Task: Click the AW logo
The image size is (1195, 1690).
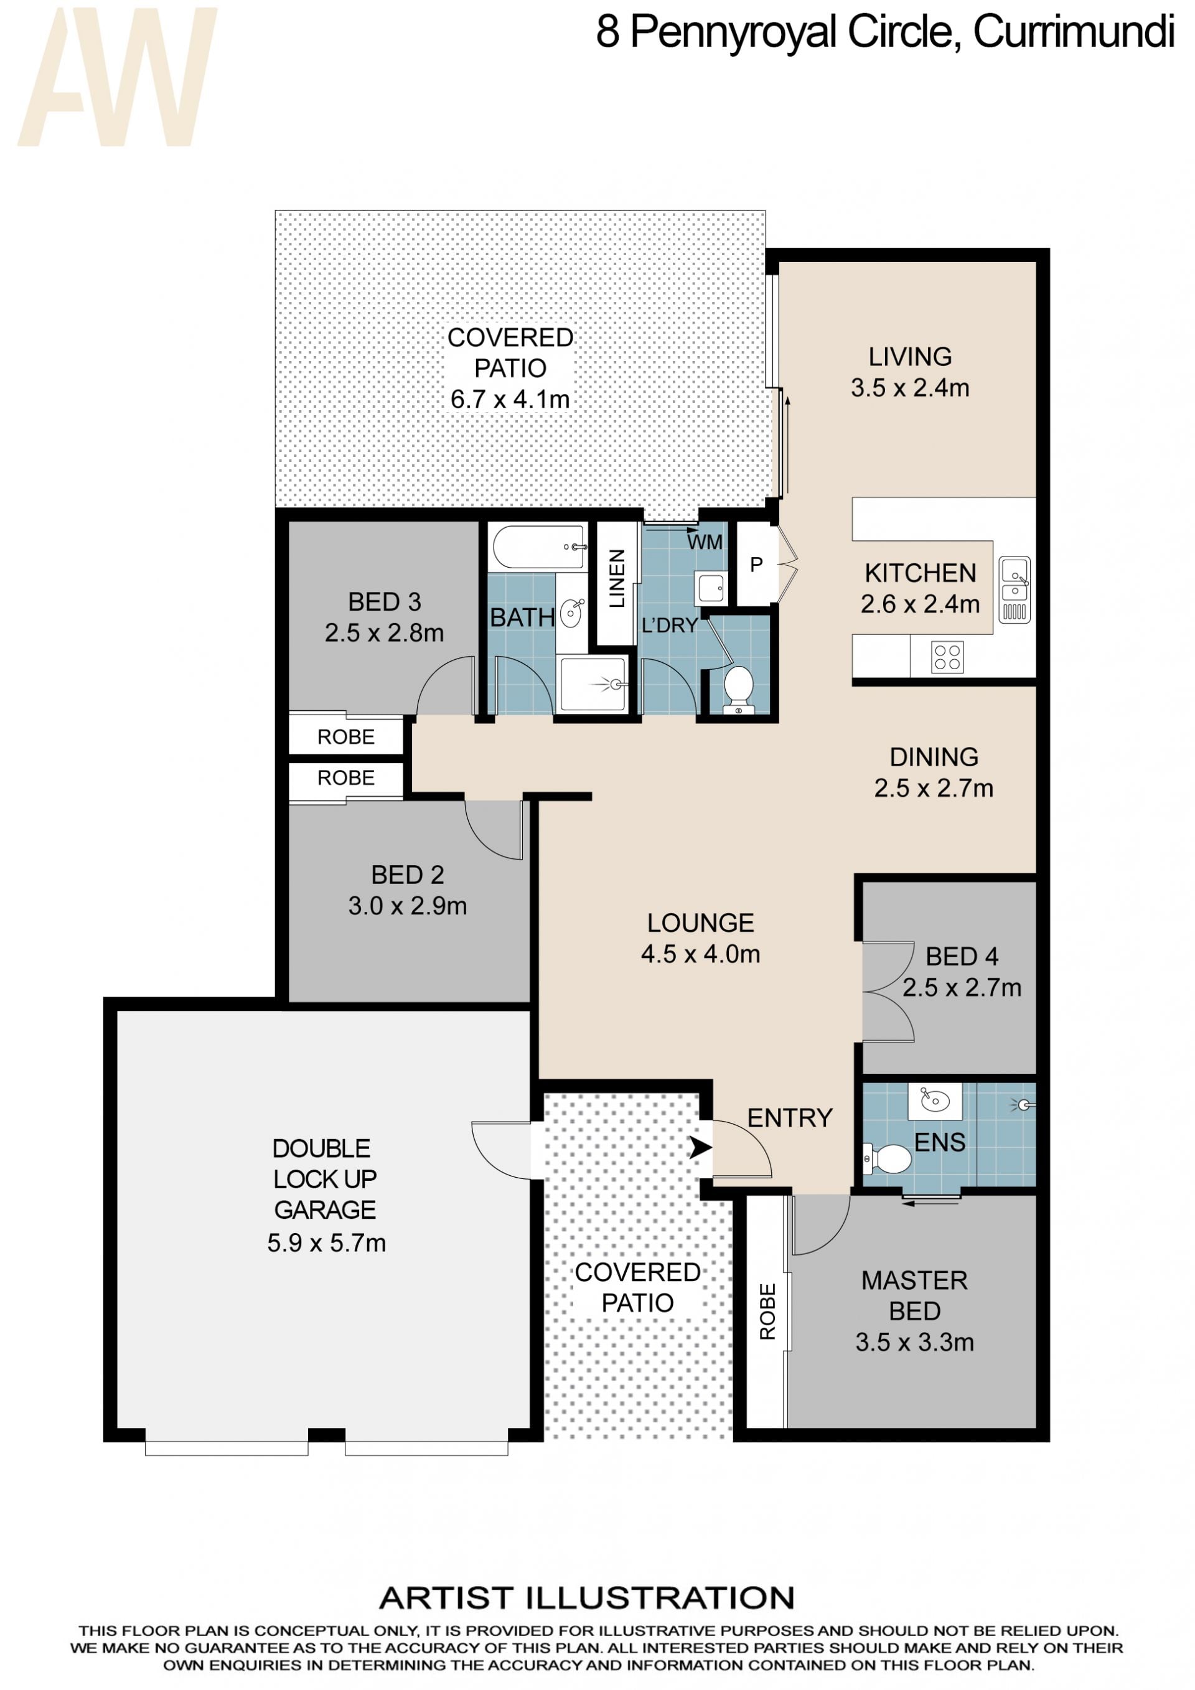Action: pos(118,77)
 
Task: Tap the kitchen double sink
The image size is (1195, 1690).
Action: pos(1014,589)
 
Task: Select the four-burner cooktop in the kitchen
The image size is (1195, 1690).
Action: pos(947,657)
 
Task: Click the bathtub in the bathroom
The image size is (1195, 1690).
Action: pos(538,547)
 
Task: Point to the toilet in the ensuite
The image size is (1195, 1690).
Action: pos(888,1159)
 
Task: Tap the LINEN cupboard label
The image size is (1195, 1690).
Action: pos(617,578)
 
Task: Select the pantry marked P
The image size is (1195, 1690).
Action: pos(756,565)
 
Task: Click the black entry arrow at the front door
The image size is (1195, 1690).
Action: pos(700,1147)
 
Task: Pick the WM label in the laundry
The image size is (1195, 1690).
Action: pos(705,542)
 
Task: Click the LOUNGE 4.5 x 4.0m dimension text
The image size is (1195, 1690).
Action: pos(701,954)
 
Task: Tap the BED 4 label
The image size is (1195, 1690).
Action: pos(962,956)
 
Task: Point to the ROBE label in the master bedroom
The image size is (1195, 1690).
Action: pos(767,1311)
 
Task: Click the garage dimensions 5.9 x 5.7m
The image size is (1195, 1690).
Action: pos(326,1242)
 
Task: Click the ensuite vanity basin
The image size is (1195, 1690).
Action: pos(935,1101)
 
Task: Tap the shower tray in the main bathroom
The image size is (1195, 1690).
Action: pos(593,685)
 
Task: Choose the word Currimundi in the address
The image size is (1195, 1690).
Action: pos(1074,32)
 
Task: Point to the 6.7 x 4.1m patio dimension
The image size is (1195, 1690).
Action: pos(510,400)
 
